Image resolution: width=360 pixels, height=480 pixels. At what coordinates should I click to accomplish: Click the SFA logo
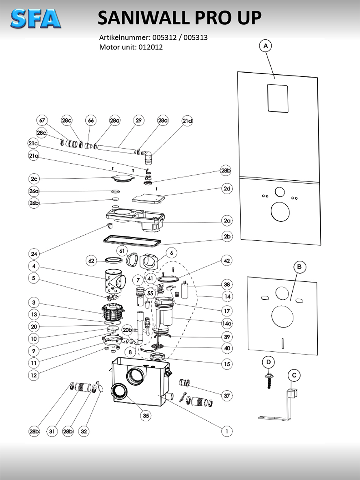pos(36,19)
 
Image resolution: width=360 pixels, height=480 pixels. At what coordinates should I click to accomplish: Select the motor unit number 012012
pos(151,47)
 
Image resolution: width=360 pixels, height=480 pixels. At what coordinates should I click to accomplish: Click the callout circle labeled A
pos(266,46)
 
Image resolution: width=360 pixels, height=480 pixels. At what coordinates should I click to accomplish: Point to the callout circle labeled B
pos(300,267)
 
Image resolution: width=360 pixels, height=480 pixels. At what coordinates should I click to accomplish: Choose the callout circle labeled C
pos(294,376)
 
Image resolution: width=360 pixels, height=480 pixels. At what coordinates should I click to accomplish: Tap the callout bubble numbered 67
pos(42,121)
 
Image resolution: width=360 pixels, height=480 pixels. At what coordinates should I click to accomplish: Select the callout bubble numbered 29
pos(138,121)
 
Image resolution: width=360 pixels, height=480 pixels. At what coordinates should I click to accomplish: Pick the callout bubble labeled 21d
pos(187,121)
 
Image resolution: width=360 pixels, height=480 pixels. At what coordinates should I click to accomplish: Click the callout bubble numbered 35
pos(145,415)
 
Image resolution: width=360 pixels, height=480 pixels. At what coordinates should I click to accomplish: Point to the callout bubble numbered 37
pos(227,396)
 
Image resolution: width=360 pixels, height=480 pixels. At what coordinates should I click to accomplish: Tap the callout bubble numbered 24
pos(34,254)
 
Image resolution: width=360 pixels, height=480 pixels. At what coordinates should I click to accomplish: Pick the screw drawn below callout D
pos(268,380)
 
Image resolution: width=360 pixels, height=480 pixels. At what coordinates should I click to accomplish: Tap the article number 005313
pos(196,38)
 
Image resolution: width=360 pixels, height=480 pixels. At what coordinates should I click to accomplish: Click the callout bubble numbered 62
pos(92,260)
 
